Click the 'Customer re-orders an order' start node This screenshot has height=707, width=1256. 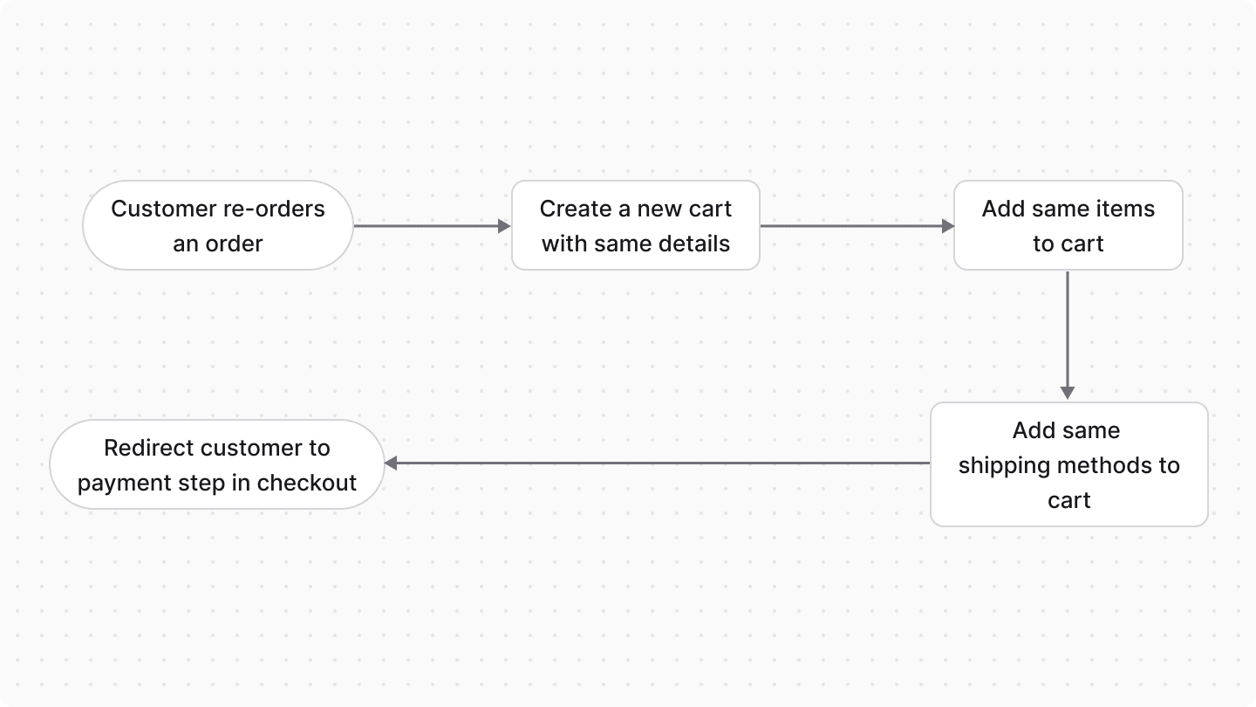click(x=218, y=225)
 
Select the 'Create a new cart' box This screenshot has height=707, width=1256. click(x=635, y=225)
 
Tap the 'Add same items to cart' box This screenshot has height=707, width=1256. click(x=1068, y=225)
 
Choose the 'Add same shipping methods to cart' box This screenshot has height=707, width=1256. click(x=1068, y=464)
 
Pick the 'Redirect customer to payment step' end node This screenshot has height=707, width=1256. click(x=216, y=464)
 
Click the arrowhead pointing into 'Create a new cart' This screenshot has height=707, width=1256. click(x=504, y=226)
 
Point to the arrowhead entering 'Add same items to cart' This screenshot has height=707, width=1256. click(x=948, y=226)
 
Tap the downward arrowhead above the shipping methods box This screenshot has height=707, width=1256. click(x=1068, y=393)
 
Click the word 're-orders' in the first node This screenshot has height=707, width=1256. click(x=273, y=209)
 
